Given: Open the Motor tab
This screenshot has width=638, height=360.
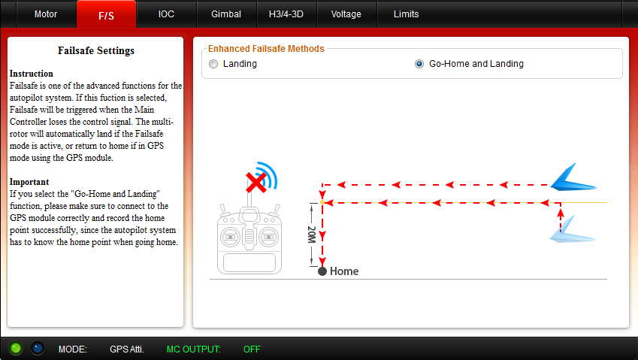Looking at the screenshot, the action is (46, 14).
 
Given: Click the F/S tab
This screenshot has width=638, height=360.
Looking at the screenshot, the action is (106, 15).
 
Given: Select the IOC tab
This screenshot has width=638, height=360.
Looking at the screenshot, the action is (166, 14).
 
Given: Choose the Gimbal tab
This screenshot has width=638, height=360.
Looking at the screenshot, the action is (226, 14).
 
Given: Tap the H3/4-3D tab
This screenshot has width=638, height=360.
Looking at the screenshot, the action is (286, 14).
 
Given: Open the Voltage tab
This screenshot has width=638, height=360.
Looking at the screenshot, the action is (346, 14).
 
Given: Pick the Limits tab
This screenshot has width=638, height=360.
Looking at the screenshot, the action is (406, 14).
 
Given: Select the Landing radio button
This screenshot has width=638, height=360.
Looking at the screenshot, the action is (213, 64).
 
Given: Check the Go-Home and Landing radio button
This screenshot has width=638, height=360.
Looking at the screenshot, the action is (419, 64).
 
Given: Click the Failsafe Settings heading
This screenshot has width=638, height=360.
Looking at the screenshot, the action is (96, 50).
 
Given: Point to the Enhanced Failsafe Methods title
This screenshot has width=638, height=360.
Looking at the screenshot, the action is (266, 49).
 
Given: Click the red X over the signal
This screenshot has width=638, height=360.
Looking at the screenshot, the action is (256, 182).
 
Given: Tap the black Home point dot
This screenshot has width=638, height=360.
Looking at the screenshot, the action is (322, 271).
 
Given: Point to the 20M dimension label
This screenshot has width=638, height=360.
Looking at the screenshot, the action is (312, 234).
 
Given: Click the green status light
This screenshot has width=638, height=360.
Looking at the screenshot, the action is (16, 348).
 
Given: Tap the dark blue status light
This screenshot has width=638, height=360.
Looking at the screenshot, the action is (38, 348).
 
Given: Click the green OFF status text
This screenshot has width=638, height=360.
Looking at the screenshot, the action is (252, 349).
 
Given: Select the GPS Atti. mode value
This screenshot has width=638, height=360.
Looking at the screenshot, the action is (127, 349).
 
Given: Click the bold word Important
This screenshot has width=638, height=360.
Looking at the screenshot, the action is (29, 182).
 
